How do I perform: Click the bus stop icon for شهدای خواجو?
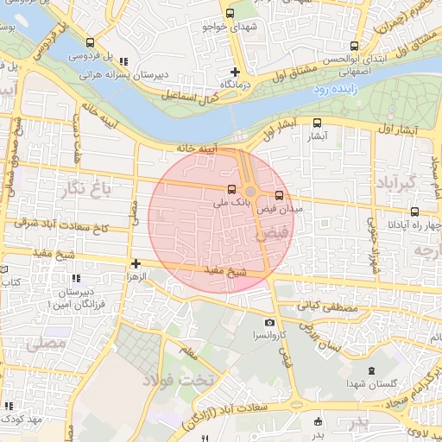click(230, 13)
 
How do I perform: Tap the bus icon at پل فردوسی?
click(90, 42)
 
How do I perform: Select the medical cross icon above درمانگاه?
click(235, 71)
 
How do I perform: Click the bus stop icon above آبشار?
click(317, 123)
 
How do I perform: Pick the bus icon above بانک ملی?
click(230, 189)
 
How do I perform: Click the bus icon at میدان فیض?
click(279, 195)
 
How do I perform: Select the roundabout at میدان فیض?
click(250, 192)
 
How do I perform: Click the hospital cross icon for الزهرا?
click(136, 263)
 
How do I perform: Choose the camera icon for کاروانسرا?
click(270, 323)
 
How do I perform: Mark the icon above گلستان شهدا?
click(371, 371)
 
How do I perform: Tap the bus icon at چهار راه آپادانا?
click(415, 212)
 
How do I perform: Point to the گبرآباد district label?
click(397, 182)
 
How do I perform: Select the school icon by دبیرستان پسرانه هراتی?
click(124, 61)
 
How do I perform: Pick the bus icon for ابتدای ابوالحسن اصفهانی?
click(354, 47)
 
